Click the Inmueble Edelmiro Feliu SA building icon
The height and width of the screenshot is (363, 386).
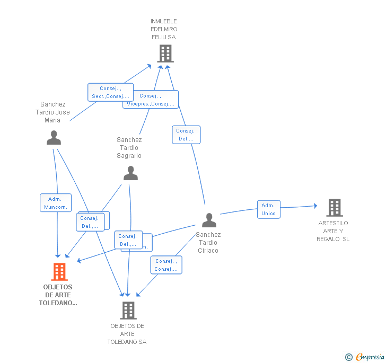click(x=165, y=53)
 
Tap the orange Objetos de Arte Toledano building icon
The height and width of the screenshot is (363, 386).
click(x=59, y=272)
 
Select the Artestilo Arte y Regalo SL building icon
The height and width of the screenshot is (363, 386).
click(x=334, y=208)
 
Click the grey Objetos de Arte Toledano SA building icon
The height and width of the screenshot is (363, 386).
click(x=128, y=311)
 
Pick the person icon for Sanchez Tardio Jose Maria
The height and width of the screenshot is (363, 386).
click(x=54, y=138)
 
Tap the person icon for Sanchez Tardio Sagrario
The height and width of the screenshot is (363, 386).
click(x=130, y=173)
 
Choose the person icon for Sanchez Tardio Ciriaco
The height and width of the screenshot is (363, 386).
click(x=209, y=220)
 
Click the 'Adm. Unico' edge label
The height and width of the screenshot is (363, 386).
click(x=268, y=209)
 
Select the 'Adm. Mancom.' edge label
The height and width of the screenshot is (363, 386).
click(x=56, y=203)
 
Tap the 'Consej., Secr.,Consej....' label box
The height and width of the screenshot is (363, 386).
click(x=110, y=92)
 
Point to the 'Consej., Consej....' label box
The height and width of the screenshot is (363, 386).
click(x=166, y=265)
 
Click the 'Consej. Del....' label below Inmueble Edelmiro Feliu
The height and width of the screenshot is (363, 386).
click(x=186, y=135)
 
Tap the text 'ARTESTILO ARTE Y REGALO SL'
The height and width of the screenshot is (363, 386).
click(x=333, y=231)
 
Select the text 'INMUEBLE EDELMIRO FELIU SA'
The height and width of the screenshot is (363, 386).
click(x=164, y=29)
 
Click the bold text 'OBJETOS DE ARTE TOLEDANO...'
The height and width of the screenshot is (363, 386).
click(x=58, y=295)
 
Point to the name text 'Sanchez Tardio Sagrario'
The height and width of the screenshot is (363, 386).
click(x=129, y=148)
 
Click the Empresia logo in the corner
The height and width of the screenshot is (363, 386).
click(x=365, y=357)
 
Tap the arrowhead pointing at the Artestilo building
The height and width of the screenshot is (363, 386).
click(x=315, y=206)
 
